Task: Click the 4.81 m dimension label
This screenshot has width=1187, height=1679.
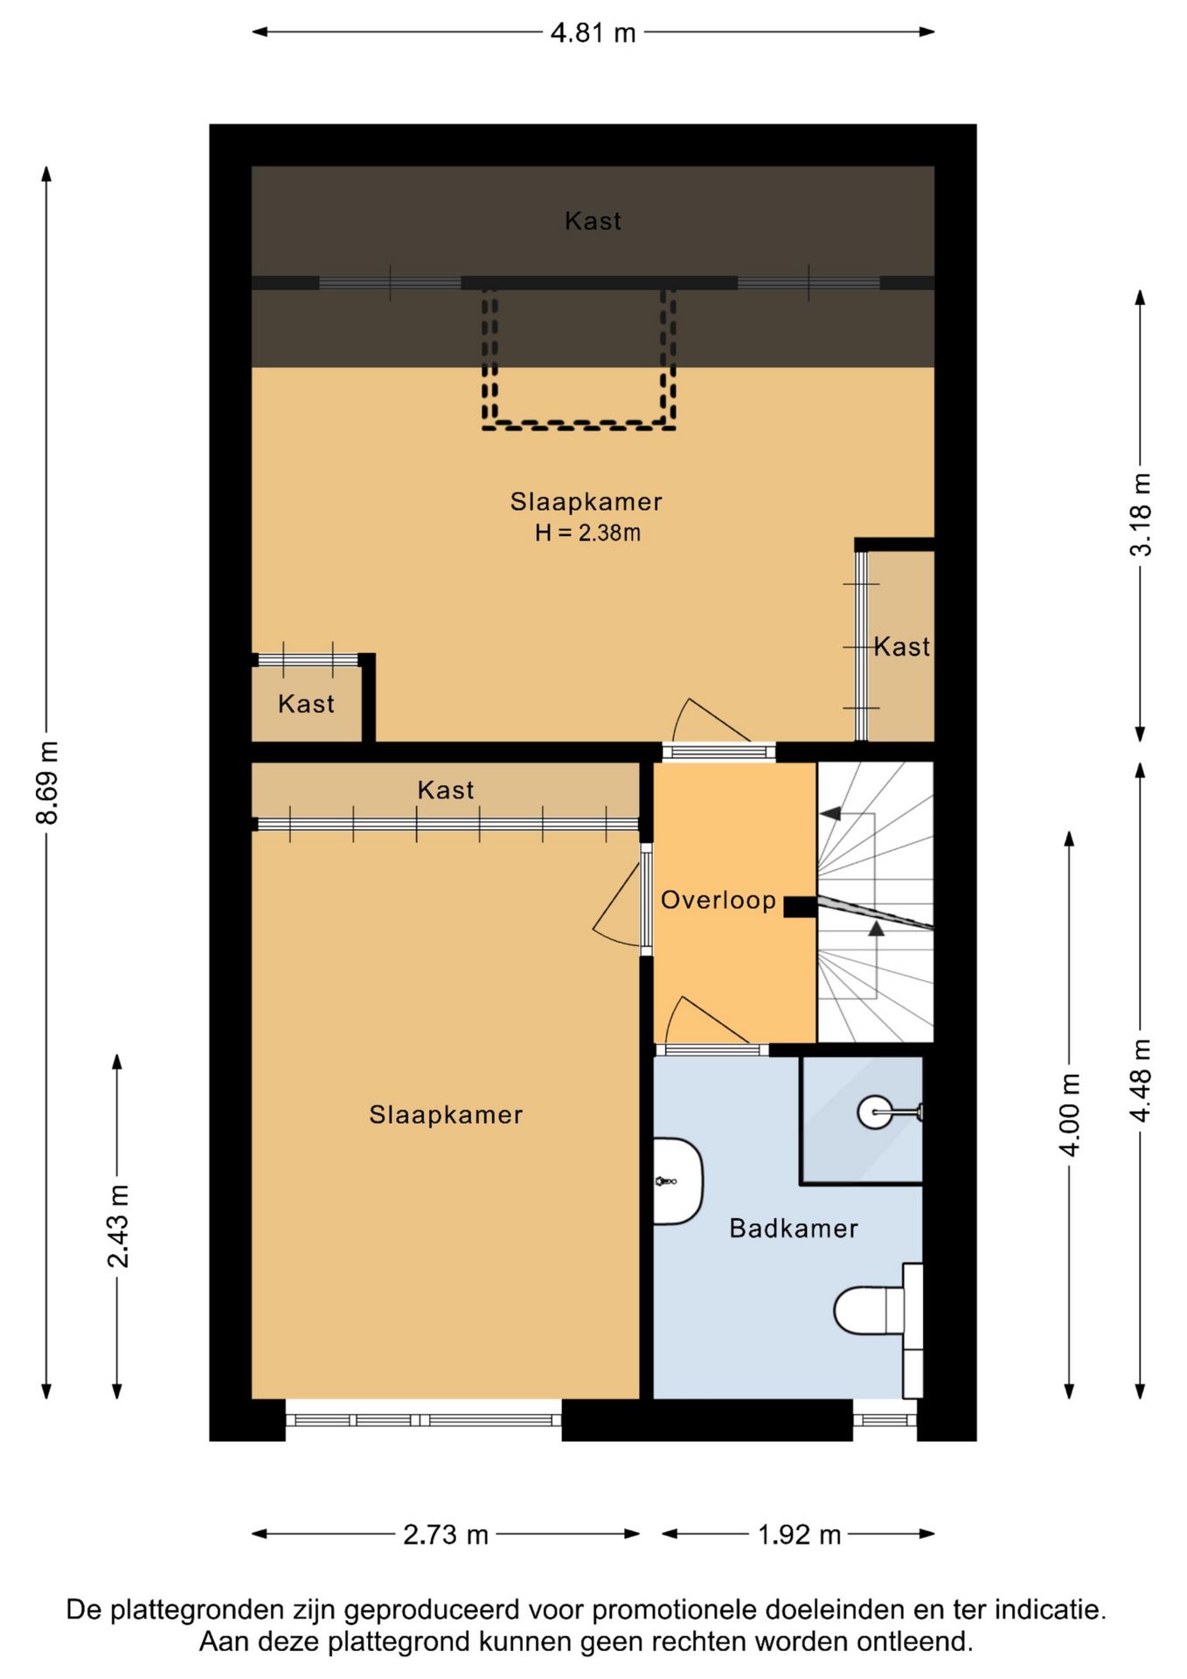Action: [593, 33]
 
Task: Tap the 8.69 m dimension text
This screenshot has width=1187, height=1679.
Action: [47, 783]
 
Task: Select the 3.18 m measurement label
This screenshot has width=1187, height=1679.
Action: [1141, 514]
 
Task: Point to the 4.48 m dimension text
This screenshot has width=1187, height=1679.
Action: [1141, 1081]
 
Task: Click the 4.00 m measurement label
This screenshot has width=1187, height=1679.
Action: [1070, 1115]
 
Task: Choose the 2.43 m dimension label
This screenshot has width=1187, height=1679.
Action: [118, 1226]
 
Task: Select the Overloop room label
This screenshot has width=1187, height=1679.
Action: [718, 900]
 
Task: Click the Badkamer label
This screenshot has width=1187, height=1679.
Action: [794, 1229]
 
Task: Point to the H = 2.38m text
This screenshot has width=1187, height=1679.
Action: [587, 533]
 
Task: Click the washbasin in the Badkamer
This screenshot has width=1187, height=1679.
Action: [678, 1181]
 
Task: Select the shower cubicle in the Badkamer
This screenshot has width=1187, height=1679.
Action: [862, 1120]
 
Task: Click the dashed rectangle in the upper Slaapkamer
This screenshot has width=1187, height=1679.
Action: [579, 426]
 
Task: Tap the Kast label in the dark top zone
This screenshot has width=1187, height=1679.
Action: [593, 221]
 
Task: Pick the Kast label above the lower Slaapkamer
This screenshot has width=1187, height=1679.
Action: [446, 791]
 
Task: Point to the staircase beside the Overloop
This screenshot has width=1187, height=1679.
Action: [875, 902]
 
